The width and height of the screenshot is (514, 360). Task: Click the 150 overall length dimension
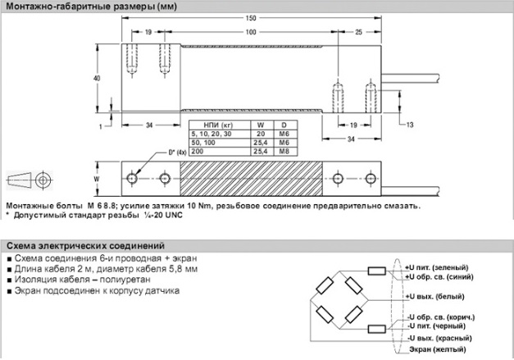[x=250, y=18]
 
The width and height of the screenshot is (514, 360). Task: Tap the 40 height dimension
[x=98, y=78]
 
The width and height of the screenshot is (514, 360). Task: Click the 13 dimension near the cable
[x=410, y=125]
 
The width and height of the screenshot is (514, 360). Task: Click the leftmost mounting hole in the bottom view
[x=131, y=177]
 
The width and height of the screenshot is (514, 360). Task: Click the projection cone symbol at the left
[x=25, y=179]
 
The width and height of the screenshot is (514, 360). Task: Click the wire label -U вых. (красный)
[x=439, y=337]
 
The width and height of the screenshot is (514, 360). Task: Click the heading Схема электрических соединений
[x=84, y=245]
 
